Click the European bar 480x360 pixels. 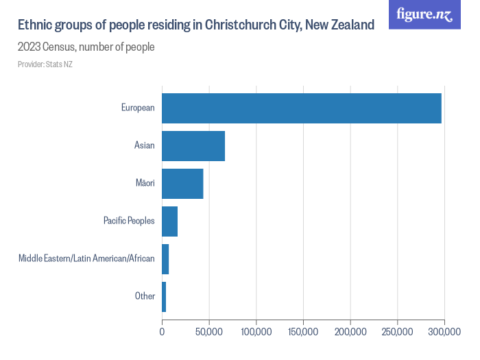(302, 108)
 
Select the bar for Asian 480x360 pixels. (193, 145)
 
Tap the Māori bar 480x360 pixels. (182, 183)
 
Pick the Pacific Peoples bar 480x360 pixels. (170, 221)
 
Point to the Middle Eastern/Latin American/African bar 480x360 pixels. (165, 259)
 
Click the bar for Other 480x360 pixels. (164, 296)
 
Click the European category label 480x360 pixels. (138, 108)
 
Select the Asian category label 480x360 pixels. (145, 145)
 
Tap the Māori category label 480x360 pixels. (145, 183)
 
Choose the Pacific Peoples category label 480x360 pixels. (129, 221)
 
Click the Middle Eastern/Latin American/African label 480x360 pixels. (86, 259)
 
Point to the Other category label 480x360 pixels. (145, 296)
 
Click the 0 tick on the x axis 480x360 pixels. (163, 332)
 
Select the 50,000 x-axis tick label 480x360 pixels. (209, 332)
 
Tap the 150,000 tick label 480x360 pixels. (303, 332)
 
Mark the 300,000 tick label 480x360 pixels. (444, 332)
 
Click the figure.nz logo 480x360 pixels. (424, 14)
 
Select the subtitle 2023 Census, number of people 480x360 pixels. (86, 47)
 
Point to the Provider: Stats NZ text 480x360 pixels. (45, 64)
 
